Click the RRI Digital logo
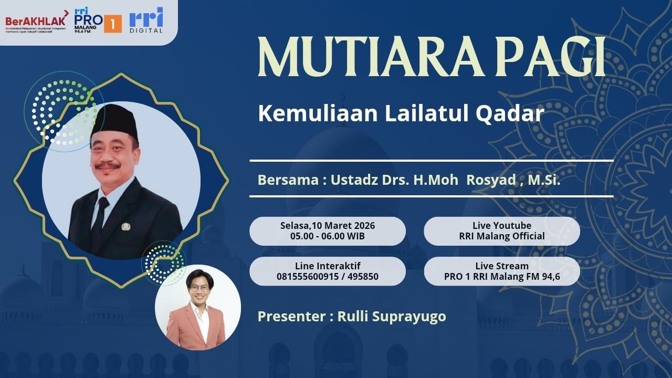click(146, 20)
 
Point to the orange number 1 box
click(113, 24)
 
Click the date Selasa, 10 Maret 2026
click(328, 225)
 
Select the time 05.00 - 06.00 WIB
click(328, 236)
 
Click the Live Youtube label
click(501, 225)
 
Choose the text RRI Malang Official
click(501, 236)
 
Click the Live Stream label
click(501, 266)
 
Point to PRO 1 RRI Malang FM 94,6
click(501, 277)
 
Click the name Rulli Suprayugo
click(392, 317)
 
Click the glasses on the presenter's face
click(198, 288)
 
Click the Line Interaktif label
click(328, 266)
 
